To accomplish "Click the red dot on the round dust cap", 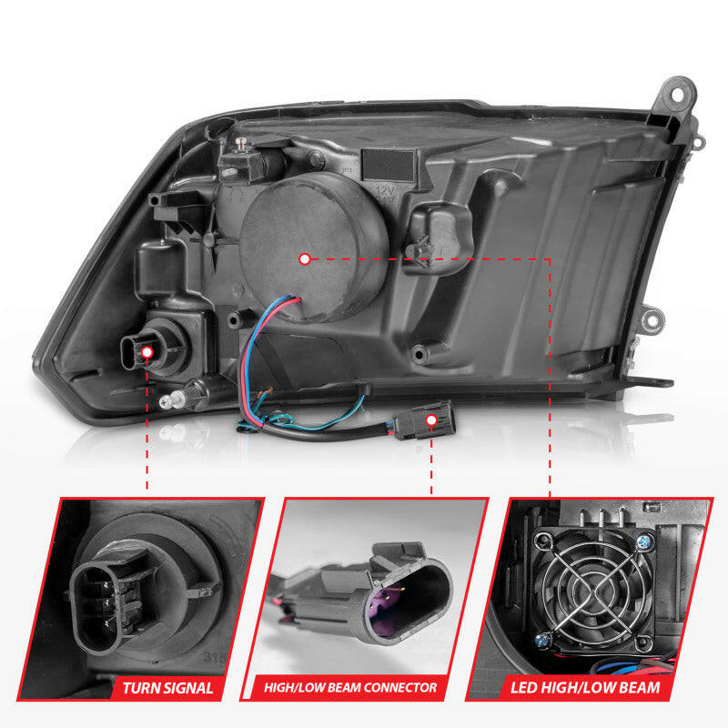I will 304,258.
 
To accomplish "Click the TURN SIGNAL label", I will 167,688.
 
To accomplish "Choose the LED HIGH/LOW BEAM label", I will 599,688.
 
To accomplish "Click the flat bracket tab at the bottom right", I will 650,382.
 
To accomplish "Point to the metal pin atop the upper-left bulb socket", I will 243,143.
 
